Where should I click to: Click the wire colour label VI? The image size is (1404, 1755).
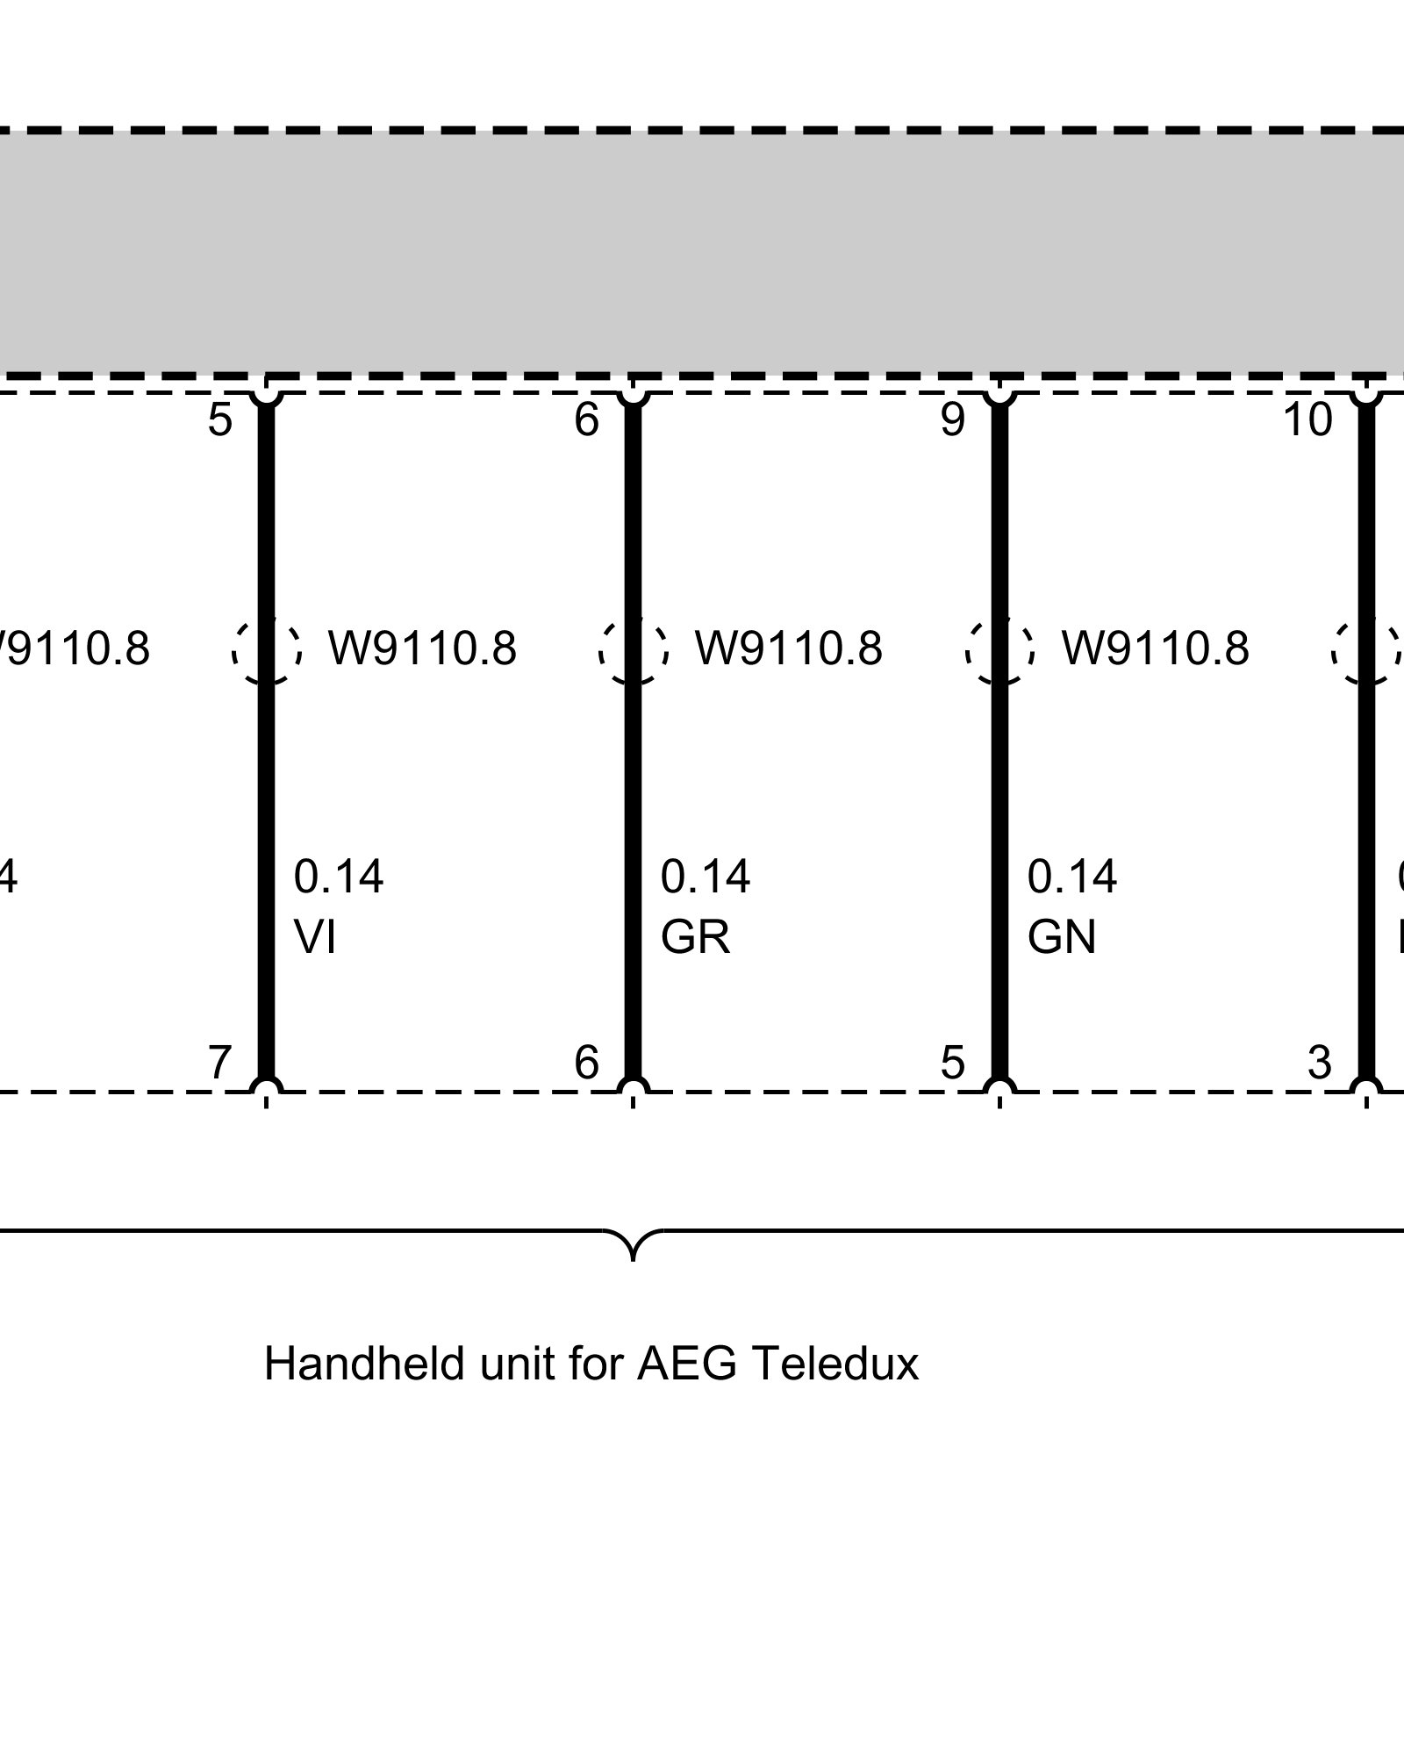pyautogui.click(x=315, y=938)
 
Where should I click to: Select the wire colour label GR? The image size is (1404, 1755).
pyautogui.click(x=695, y=938)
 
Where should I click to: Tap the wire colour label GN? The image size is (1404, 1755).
pyautogui.click(x=1062, y=938)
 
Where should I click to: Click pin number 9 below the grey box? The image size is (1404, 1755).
pyautogui.click(x=953, y=420)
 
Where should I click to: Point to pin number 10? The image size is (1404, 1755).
pyautogui.click(x=1307, y=420)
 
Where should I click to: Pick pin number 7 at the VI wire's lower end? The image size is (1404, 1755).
pyautogui.click(x=219, y=1064)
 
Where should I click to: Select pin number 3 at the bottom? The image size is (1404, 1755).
pyautogui.click(x=1320, y=1064)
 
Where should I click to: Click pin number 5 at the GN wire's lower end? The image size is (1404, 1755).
pyautogui.click(x=953, y=1064)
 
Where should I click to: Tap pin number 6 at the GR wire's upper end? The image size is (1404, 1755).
pyautogui.click(x=586, y=420)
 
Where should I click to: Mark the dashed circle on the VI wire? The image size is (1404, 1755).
pyautogui.click(x=267, y=650)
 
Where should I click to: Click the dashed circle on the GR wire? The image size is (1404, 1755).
pyautogui.click(x=634, y=650)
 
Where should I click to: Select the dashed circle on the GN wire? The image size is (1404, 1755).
pyautogui.click(x=999, y=650)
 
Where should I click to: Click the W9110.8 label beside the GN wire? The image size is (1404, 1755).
pyautogui.click(x=1155, y=648)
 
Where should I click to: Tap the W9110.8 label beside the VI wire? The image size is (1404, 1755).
pyautogui.click(x=422, y=648)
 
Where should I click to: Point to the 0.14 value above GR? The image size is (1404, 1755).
pyautogui.click(x=706, y=877)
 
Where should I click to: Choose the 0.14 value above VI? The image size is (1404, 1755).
pyautogui.click(x=339, y=877)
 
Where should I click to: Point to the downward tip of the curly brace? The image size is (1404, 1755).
pyautogui.click(x=634, y=1259)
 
